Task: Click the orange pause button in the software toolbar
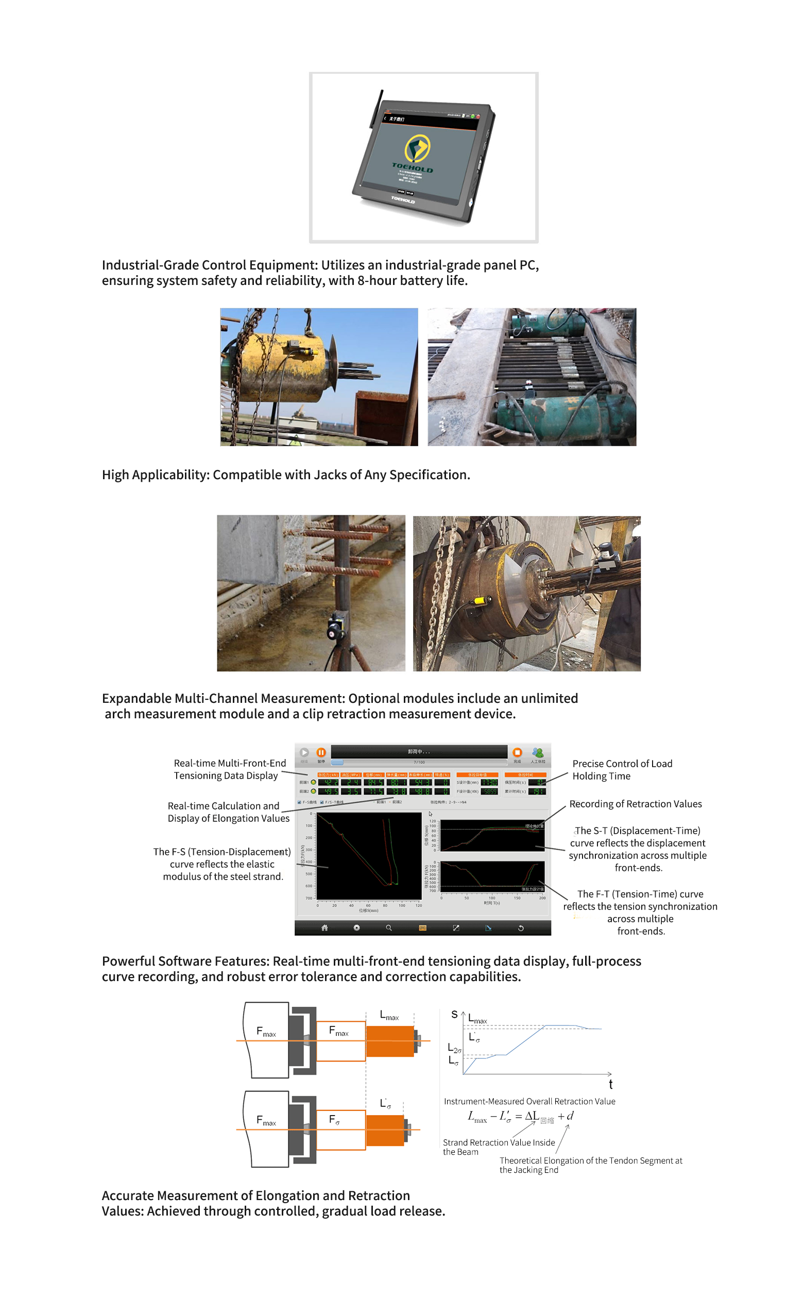(x=321, y=752)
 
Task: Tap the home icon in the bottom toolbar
(x=324, y=928)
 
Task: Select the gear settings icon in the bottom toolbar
(x=357, y=928)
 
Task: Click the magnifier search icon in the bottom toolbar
(x=389, y=928)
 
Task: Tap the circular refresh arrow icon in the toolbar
(x=521, y=928)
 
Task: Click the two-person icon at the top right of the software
(x=538, y=753)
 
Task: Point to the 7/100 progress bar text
(x=419, y=762)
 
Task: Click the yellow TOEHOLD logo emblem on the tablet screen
(x=417, y=148)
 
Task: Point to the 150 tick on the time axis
(x=517, y=898)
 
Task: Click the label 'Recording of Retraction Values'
(x=636, y=804)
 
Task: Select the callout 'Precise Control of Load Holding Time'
(x=622, y=770)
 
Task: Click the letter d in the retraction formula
(x=570, y=1116)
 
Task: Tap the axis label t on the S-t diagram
(x=610, y=1084)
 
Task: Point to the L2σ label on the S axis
(x=454, y=1048)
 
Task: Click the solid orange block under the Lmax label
(x=390, y=1041)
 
